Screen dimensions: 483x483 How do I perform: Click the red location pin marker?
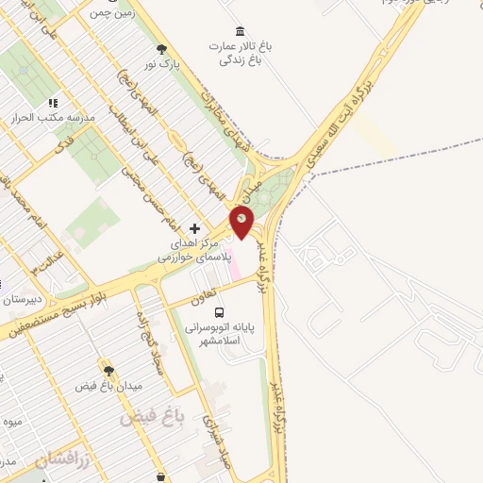point(242,223)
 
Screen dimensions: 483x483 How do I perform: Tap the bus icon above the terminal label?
point(219,312)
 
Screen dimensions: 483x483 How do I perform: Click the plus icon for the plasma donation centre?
point(194,228)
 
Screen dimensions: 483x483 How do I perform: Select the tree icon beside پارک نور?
point(163,48)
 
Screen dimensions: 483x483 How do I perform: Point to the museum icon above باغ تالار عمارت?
point(240,30)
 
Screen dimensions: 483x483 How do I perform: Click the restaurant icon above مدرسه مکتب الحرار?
point(54,103)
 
